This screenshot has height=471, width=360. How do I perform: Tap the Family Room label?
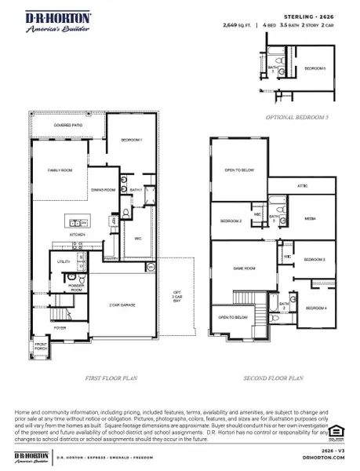(x=60, y=170)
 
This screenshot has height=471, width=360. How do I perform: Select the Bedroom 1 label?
(x=130, y=140)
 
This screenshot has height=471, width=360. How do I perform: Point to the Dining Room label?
(x=104, y=189)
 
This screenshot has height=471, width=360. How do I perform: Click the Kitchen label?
(x=77, y=234)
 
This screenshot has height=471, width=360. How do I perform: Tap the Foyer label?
(x=60, y=328)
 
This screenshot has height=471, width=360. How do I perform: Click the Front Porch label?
(x=41, y=346)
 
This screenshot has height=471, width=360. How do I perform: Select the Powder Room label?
(x=77, y=287)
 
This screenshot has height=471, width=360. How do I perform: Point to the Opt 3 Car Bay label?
(x=177, y=297)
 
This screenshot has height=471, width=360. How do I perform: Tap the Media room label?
(x=310, y=219)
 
